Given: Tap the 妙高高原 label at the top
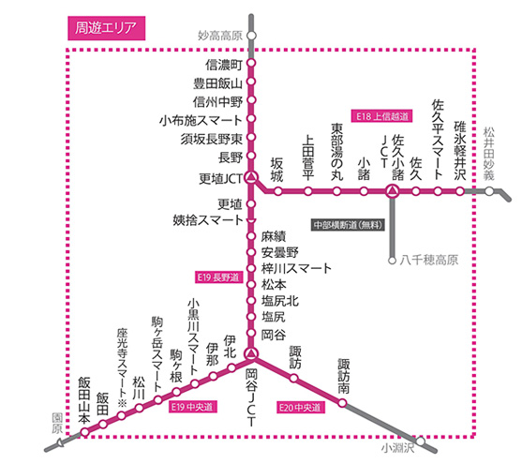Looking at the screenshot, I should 220,36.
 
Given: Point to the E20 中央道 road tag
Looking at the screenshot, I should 300,408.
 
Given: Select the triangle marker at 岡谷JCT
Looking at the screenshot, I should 250,353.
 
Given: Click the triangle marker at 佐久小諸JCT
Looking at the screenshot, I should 393,191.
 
